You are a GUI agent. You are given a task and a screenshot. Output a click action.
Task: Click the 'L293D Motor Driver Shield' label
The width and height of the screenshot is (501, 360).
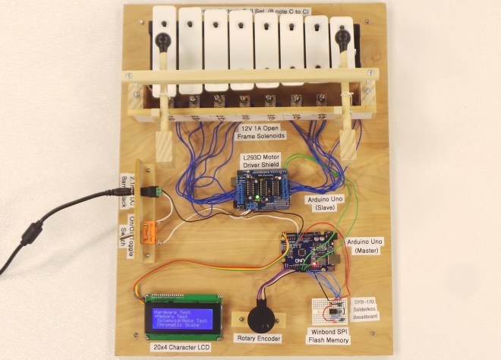(x=260, y=161)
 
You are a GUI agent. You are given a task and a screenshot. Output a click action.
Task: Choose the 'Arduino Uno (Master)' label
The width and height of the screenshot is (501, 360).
(x=366, y=246)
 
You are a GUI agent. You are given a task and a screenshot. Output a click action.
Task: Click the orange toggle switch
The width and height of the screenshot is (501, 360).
(x=149, y=229)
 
